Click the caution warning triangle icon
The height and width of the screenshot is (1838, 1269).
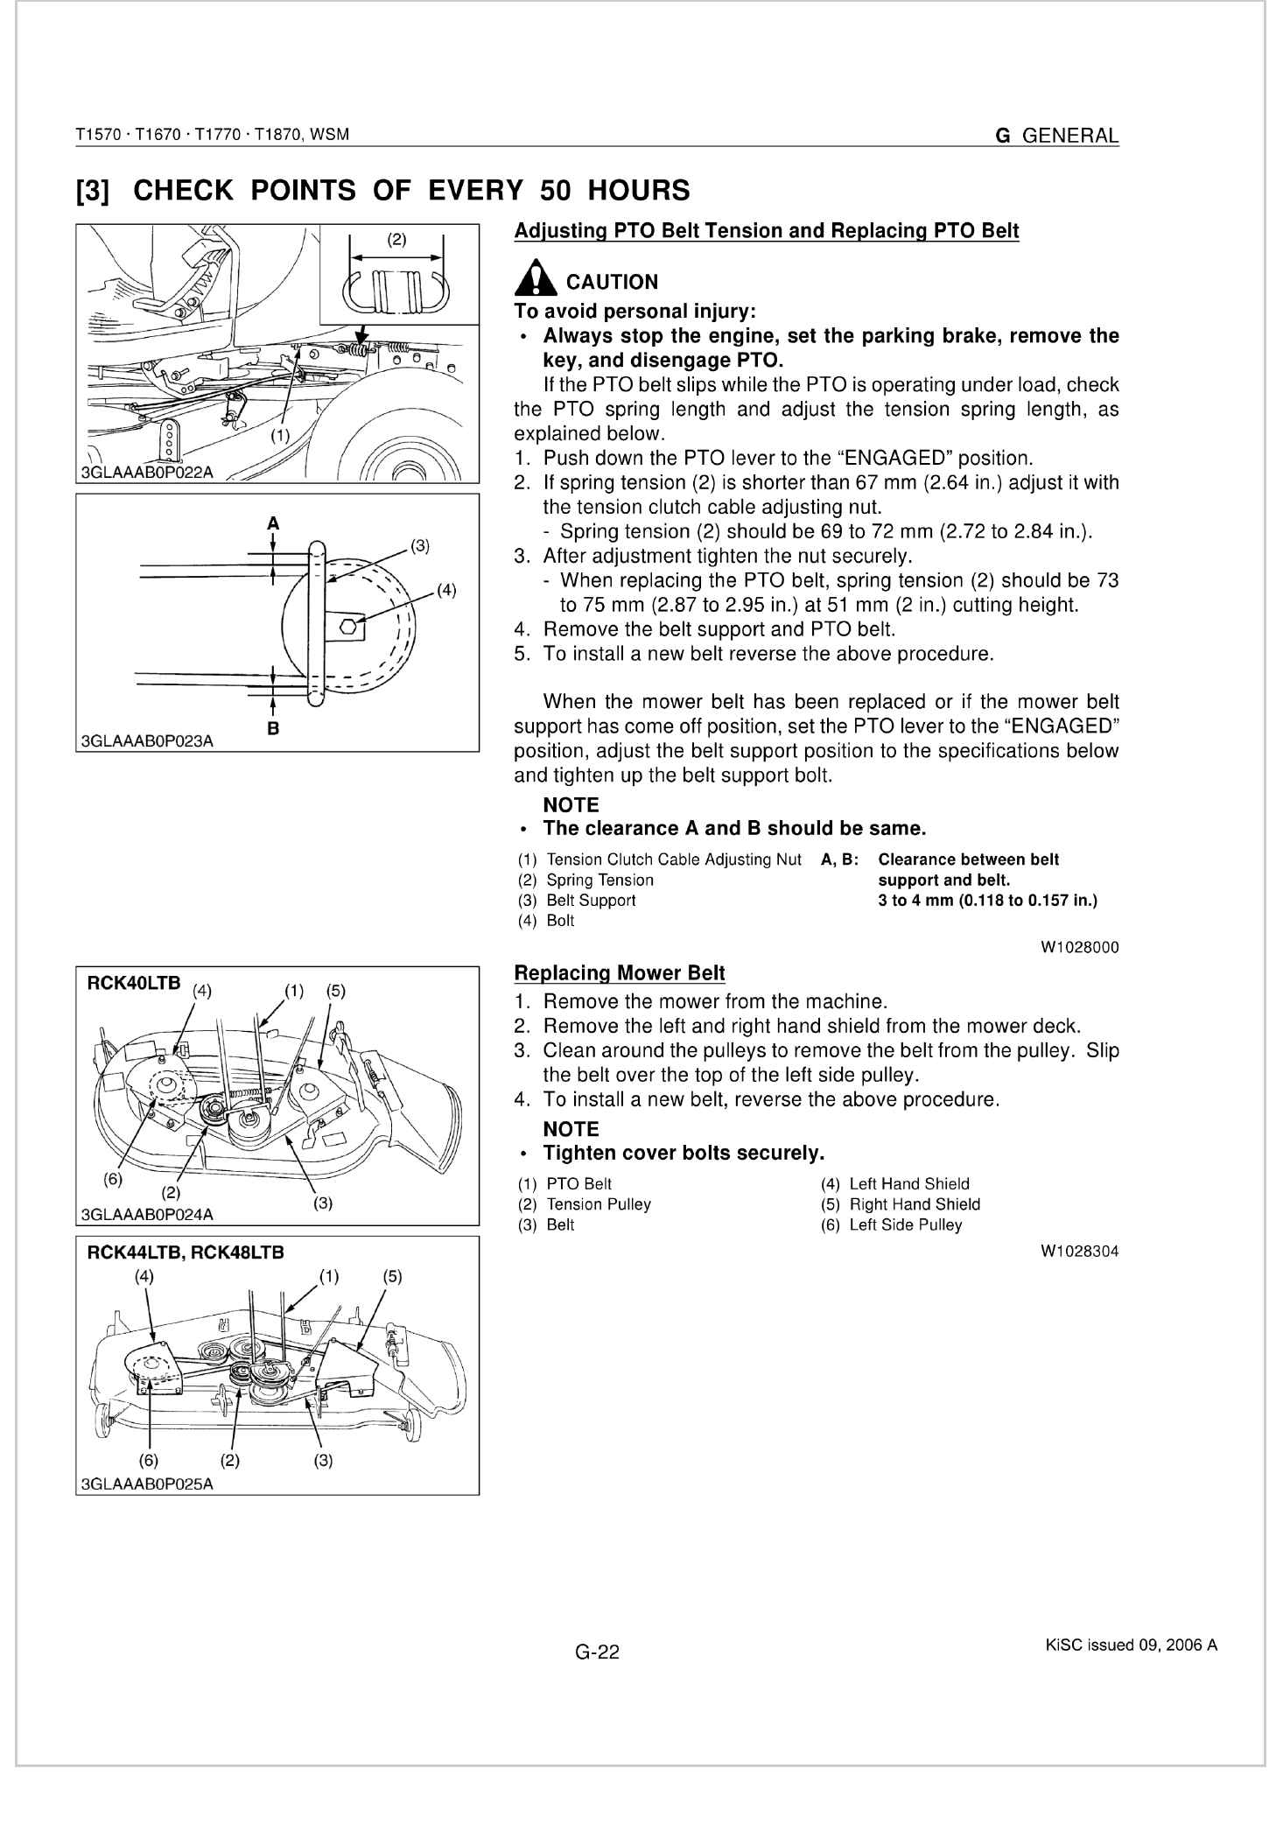pyautogui.click(x=535, y=280)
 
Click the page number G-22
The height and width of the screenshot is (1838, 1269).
pyautogui.click(x=597, y=1652)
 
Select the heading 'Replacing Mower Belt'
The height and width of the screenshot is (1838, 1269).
pyautogui.click(x=619, y=972)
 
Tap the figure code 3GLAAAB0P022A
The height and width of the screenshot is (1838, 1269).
pyautogui.click(x=146, y=474)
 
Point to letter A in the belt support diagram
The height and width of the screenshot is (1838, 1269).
pyautogui.click(x=273, y=523)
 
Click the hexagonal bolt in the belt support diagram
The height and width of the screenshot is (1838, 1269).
pyautogui.click(x=347, y=627)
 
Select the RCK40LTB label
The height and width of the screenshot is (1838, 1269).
pyautogui.click(x=134, y=983)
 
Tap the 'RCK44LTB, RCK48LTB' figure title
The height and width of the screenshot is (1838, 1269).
pyautogui.click(x=186, y=1252)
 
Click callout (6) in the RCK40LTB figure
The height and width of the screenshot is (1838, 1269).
pyautogui.click(x=113, y=1178)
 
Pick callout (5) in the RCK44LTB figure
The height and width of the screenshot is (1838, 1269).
pyautogui.click(x=393, y=1276)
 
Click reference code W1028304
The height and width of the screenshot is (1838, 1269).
pyautogui.click(x=1079, y=1252)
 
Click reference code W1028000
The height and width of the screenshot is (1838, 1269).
pyautogui.click(x=1079, y=947)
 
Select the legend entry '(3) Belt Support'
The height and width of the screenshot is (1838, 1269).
pyautogui.click(x=577, y=900)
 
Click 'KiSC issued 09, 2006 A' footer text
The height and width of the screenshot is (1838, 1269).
pyautogui.click(x=1131, y=1645)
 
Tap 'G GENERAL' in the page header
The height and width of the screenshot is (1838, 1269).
pyautogui.click(x=1056, y=136)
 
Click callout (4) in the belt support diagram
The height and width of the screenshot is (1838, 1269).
pyautogui.click(x=446, y=590)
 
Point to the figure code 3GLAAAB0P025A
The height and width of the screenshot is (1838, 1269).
pyautogui.click(x=146, y=1484)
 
